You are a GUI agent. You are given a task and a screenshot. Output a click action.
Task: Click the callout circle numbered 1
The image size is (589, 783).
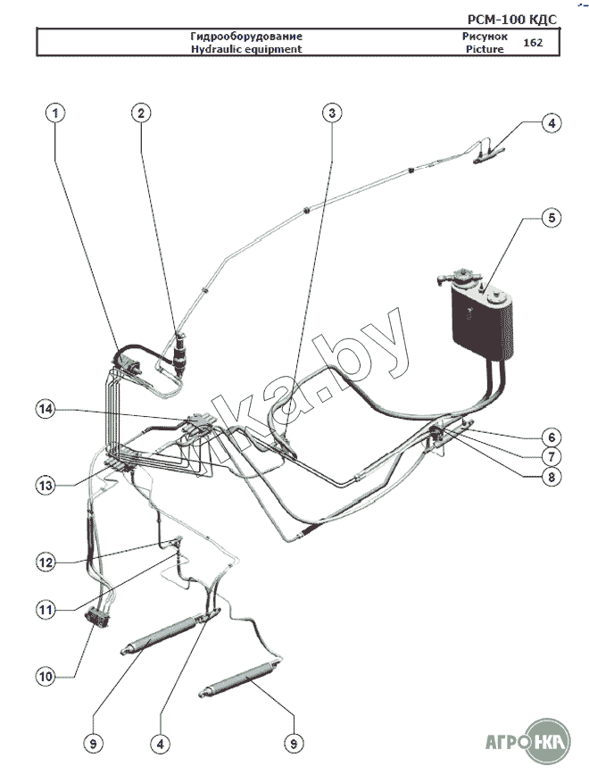pos(55,112)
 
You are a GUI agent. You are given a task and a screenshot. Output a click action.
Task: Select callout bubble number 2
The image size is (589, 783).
pos(141,112)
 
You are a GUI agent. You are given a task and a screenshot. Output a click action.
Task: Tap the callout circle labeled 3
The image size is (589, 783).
pos(332,112)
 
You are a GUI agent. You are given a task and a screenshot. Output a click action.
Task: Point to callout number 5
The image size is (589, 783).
pos(552,217)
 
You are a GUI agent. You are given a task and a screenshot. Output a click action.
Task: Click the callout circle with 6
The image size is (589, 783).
pos(552,437)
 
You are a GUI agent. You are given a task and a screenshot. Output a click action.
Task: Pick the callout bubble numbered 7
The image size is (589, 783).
pos(552,457)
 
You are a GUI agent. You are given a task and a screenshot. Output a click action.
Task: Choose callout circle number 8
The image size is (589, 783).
pos(552,477)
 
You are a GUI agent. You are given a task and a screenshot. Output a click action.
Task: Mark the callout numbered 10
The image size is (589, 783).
pos(46,676)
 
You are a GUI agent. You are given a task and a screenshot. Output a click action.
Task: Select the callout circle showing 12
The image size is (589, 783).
pos(46,562)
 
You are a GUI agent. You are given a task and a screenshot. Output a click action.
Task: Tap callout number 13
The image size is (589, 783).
pos(46,485)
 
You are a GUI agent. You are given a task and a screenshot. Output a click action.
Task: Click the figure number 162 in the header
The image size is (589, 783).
pos(532,43)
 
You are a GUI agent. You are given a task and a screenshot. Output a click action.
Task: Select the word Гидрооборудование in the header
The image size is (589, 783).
pos(245,37)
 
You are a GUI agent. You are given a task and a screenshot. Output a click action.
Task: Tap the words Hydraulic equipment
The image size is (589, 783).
pos(245,49)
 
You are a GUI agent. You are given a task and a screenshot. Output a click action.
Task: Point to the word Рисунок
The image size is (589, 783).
pos(485,37)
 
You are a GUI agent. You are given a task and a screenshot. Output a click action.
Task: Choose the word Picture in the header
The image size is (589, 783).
pos(485,49)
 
